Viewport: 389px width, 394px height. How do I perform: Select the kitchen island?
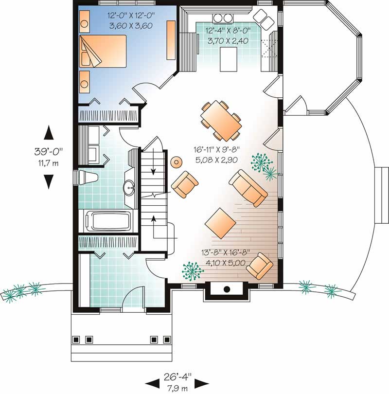click(227, 59)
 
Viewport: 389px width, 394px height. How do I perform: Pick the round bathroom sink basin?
click(130, 187)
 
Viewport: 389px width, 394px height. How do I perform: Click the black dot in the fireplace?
click(227, 289)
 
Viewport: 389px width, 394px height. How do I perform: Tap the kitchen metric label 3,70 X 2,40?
click(228, 41)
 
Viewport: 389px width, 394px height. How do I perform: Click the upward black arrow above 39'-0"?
click(48, 133)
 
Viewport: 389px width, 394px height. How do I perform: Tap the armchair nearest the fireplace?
click(259, 267)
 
